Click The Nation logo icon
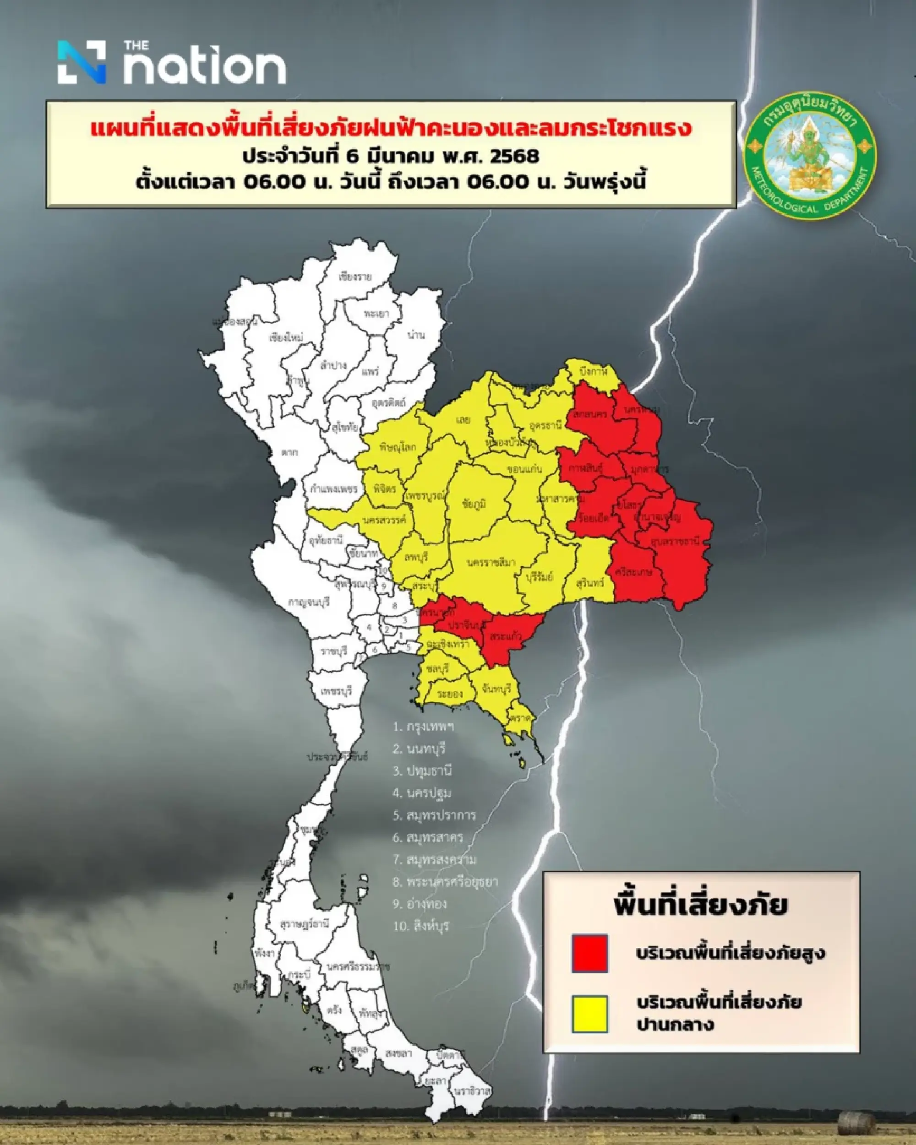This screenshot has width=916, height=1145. click(82, 62)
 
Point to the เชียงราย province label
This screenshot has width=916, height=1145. click(355, 277)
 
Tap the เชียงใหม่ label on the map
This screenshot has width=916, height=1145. click(286, 338)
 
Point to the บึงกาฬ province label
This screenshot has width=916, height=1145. click(594, 372)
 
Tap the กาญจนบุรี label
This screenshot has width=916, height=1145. click(309, 602)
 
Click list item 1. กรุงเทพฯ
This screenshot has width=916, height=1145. click(424, 727)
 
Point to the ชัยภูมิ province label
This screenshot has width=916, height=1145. click(474, 504)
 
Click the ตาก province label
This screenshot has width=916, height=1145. click(289, 452)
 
